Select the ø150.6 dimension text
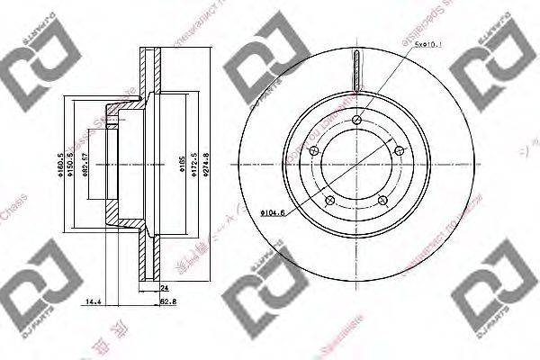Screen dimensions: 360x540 pyautogui.click(x=71, y=165)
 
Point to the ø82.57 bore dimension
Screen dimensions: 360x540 pyautogui.click(x=83, y=165)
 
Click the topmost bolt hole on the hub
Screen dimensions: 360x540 pyautogui.click(x=357, y=121)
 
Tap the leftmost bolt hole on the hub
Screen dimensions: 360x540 pyautogui.click(x=314, y=149)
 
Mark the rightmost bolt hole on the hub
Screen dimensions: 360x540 pyautogui.click(x=399, y=151)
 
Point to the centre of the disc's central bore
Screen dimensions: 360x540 pyautogui.click(x=357, y=165)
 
